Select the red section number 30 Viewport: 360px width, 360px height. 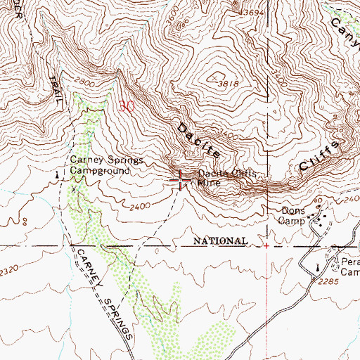tap(127, 107)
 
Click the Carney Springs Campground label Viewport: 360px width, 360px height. tap(99, 166)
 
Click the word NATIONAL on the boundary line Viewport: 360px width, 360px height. tap(220, 241)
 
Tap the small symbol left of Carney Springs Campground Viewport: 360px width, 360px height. tap(58, 172)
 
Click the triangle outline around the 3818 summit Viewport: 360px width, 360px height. tap(214, 76)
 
